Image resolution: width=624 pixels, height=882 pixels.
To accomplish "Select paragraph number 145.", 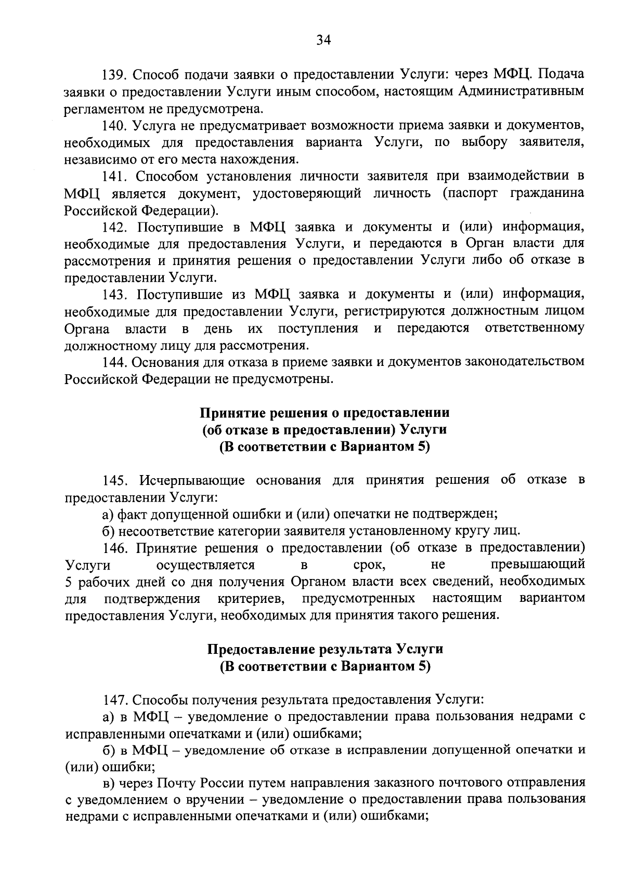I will point(114,480).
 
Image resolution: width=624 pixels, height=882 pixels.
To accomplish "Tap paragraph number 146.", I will point(114,548).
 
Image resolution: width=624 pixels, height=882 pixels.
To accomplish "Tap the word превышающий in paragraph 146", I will point(538,564).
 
